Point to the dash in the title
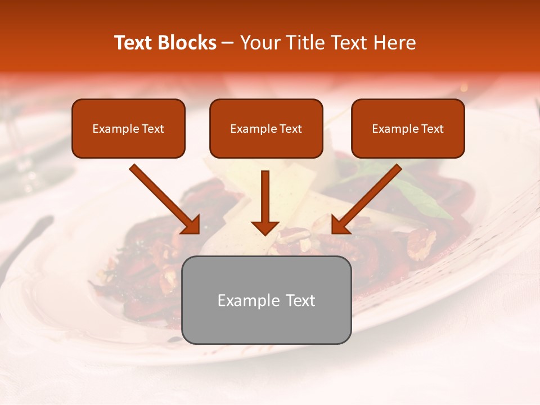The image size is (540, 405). pos(228,43)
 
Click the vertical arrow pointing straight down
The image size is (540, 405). pos(265,197)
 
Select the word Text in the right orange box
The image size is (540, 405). pos(432,129)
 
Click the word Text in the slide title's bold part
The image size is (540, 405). pos(134,43)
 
